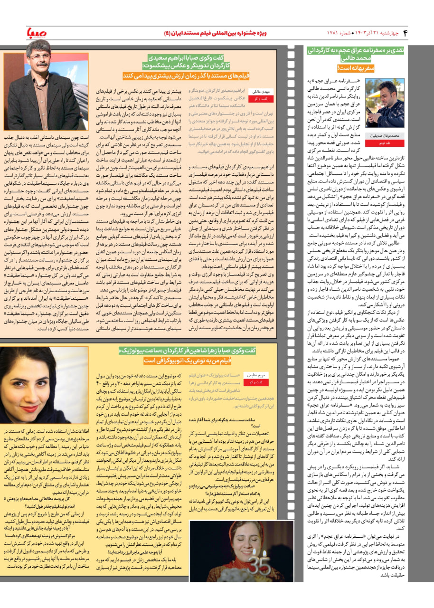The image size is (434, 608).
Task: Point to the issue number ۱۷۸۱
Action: [x=334, y=33]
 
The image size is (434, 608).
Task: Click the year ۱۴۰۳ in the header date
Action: [x=361, y=33]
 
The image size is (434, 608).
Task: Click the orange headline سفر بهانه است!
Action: [x=355, y=68]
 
